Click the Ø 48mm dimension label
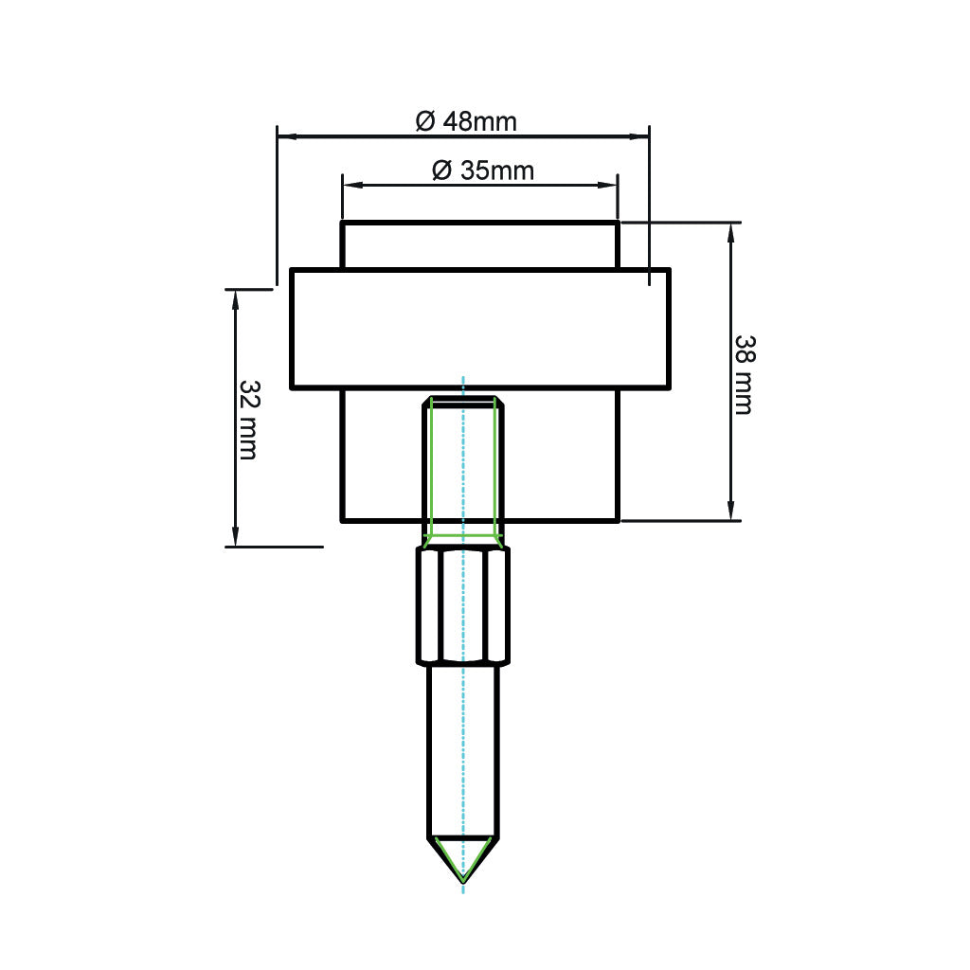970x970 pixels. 466,121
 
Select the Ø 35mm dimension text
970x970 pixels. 482,171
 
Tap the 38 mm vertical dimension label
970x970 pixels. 744,374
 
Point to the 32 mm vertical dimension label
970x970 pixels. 248,420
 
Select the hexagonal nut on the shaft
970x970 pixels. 462,606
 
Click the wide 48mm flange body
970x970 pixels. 479,329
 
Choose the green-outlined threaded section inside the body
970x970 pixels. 462,469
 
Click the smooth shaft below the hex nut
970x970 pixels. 462,748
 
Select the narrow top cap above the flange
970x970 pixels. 479,245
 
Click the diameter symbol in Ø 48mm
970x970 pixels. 425,121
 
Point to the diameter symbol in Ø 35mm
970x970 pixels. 440,171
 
